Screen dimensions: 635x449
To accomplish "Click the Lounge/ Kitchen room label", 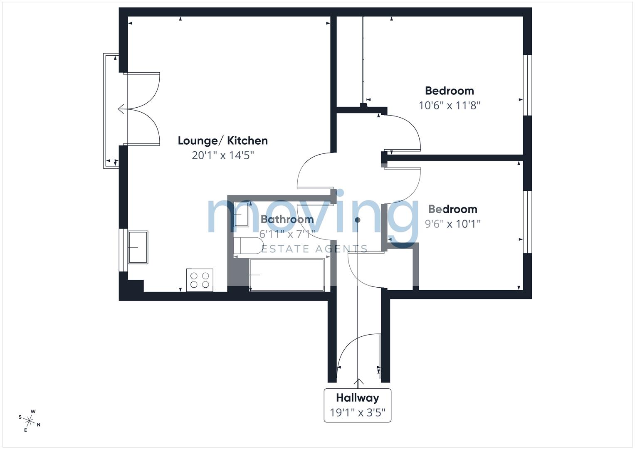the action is [x=223, y=141].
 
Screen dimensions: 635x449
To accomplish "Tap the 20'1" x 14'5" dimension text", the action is [x=223, y=155].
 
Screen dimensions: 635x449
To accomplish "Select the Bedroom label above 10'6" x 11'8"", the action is [x=449, y=91].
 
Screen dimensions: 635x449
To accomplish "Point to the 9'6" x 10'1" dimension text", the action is [x=453, y=224].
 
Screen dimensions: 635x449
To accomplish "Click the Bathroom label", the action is [x=287, y=219].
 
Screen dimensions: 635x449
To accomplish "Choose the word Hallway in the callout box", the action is [x=358, y=398].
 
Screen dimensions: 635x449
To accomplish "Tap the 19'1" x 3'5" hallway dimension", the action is [x=358, y=412].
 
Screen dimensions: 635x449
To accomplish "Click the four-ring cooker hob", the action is [x=200, y=280].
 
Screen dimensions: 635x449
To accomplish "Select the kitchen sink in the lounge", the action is [x=138, y=247].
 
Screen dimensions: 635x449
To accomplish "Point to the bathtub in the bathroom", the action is [x=287, y=275].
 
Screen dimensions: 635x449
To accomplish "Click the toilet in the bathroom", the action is [x=248, y=246].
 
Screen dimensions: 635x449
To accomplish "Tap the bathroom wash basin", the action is [x=242, y=214].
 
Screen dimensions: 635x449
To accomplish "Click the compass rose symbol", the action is [x=29, y=421].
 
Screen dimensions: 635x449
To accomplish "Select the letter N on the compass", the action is [x=39, y=424].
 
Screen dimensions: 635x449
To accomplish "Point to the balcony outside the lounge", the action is [x=111, y=111].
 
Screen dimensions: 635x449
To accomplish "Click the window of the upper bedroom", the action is [x=527, y=85].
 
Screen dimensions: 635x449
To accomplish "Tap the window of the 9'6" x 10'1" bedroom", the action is [x=527, y=222].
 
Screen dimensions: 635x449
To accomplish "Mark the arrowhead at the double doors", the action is [x=121, y=109].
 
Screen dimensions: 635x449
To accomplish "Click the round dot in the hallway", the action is [x=358, y=220].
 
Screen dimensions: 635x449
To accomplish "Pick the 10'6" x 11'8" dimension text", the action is [x=450, y=106].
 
